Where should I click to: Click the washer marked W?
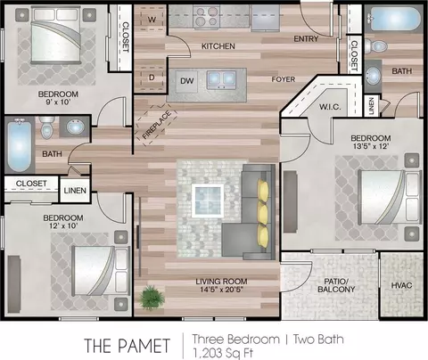click(152, 19)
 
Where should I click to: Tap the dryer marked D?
click(152, 78)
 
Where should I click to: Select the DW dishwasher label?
click(186, 81)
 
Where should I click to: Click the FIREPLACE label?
click(156, 125)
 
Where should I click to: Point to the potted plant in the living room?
click(152, 297)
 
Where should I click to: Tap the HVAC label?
click(401, 285)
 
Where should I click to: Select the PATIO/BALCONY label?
click(336, 285)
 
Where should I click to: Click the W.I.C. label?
click(330, 107)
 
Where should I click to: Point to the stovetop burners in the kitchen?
click(206, 16)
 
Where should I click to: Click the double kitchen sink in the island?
click(221, 79)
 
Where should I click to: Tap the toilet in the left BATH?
click(47, 127)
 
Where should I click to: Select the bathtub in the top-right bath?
click(394, 19)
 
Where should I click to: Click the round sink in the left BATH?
click(75, 127)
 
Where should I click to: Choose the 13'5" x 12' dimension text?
click(371, 146)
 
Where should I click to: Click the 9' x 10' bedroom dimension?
click(58, 102)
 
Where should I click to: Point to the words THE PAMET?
click(128, 346)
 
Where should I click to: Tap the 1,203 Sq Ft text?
click(223, 353)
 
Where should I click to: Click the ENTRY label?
click(306, 38)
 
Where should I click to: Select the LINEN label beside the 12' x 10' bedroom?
click(75, 191)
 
